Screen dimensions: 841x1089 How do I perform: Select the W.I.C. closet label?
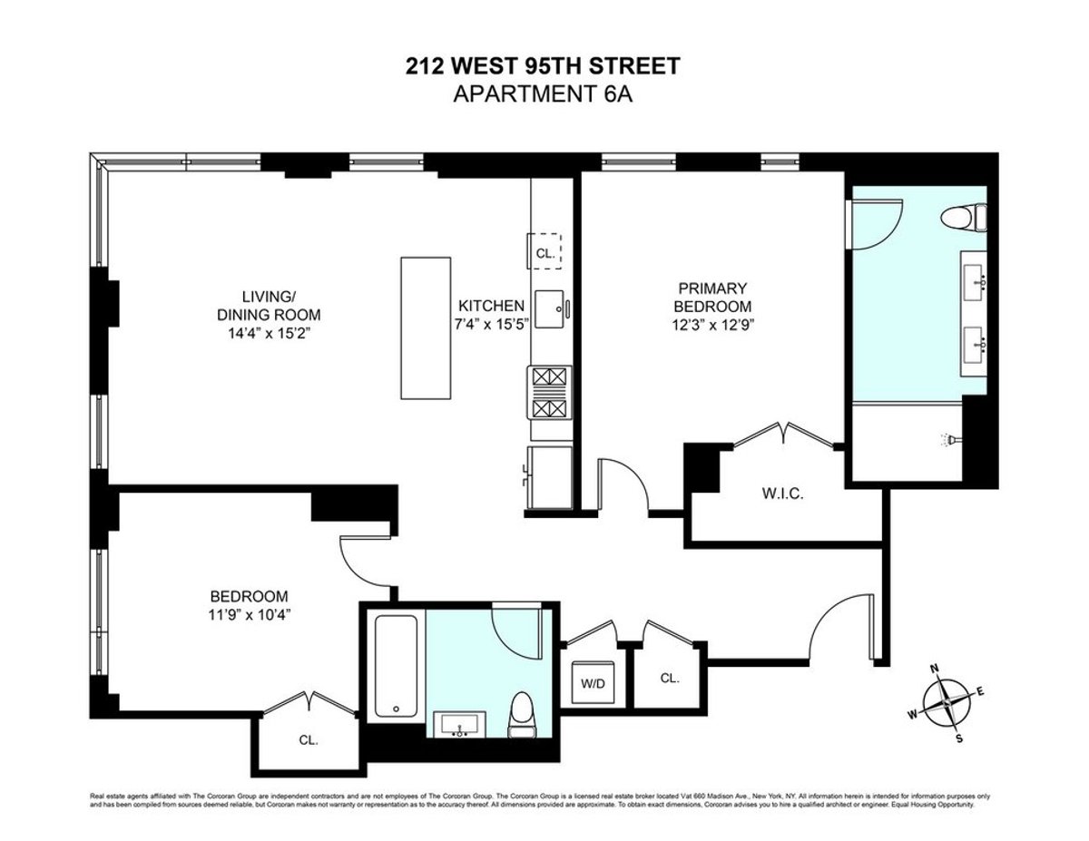(782, 495)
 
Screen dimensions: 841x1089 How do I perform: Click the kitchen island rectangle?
(426, 328)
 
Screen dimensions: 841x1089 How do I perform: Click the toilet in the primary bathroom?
(964, 219)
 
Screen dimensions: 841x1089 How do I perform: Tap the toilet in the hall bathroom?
(522, 713)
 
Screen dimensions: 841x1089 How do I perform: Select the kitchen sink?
(550, 308)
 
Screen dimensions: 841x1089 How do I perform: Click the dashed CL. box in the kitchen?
(545, 252)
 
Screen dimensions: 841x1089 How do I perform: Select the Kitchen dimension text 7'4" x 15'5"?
(491, 323)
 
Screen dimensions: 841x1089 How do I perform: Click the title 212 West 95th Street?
(542, 66)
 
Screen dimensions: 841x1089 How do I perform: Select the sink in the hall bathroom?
(461, 727)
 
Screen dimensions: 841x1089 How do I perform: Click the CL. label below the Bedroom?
(308, 739)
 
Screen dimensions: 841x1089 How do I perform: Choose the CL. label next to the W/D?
(670, 678)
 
